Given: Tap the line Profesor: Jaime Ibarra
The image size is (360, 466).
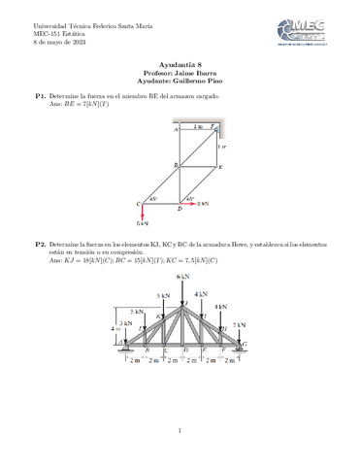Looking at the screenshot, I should coord(180,72).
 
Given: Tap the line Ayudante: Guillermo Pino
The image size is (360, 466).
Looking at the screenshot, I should coord(180,81).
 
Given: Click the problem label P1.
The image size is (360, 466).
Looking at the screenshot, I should coord(41,97).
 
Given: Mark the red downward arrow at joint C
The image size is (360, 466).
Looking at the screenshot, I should coord(143,214).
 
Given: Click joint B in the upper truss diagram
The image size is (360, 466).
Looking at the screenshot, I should coord(179,166).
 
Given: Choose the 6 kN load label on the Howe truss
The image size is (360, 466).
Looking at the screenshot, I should coord(181,277).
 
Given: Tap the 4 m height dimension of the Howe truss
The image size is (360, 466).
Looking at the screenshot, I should coord(115,328).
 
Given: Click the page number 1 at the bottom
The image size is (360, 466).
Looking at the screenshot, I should coord(180,430).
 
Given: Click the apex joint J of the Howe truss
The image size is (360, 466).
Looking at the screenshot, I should coord(181,304).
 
